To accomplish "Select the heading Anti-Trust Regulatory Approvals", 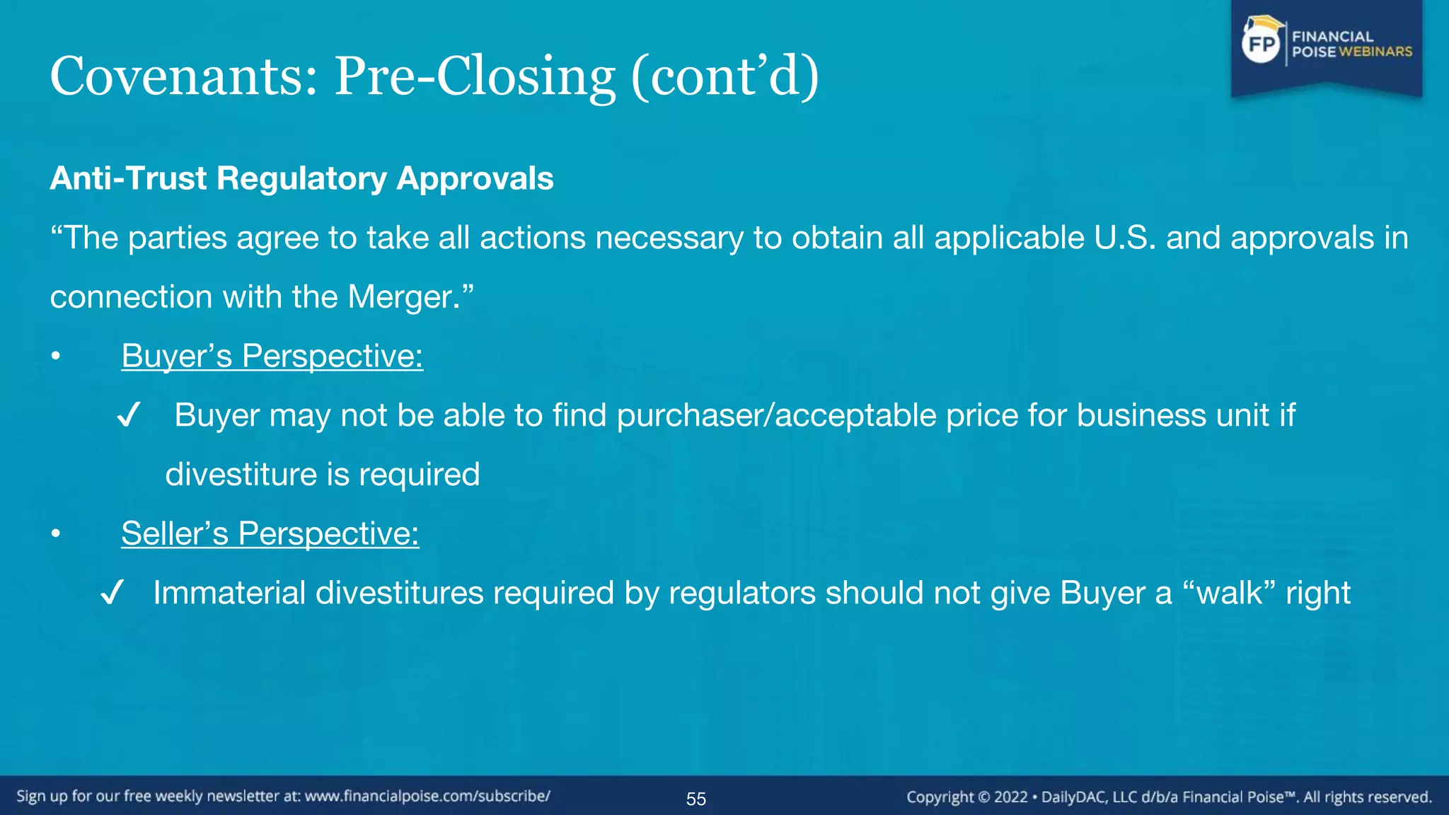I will pyautogui.click(x=301, y=178).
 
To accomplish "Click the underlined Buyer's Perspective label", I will pyautogui.click(x=272, y=356).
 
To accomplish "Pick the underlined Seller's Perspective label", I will pyautogui.click(x=270, y=533).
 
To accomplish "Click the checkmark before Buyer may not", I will pyautogui.click(x=129, y=415).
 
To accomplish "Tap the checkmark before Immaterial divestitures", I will pyautogui.click(x=112, y=593).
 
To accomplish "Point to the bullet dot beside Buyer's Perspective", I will pyautogui.click(x=56, y=357).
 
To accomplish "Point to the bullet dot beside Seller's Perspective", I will pyautogui.click(x=56, y=534).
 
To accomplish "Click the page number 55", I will pyautogui.click(x=696, y=799).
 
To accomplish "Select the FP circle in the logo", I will pyautogui.click(x=1262, y=45).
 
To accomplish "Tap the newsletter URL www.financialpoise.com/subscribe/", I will pyautogui.click(x=427, y=797).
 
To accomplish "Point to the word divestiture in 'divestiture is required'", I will pyautogui.click(x=240, y=475).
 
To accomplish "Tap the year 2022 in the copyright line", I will pyautogui.click(x=1010, y=797).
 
